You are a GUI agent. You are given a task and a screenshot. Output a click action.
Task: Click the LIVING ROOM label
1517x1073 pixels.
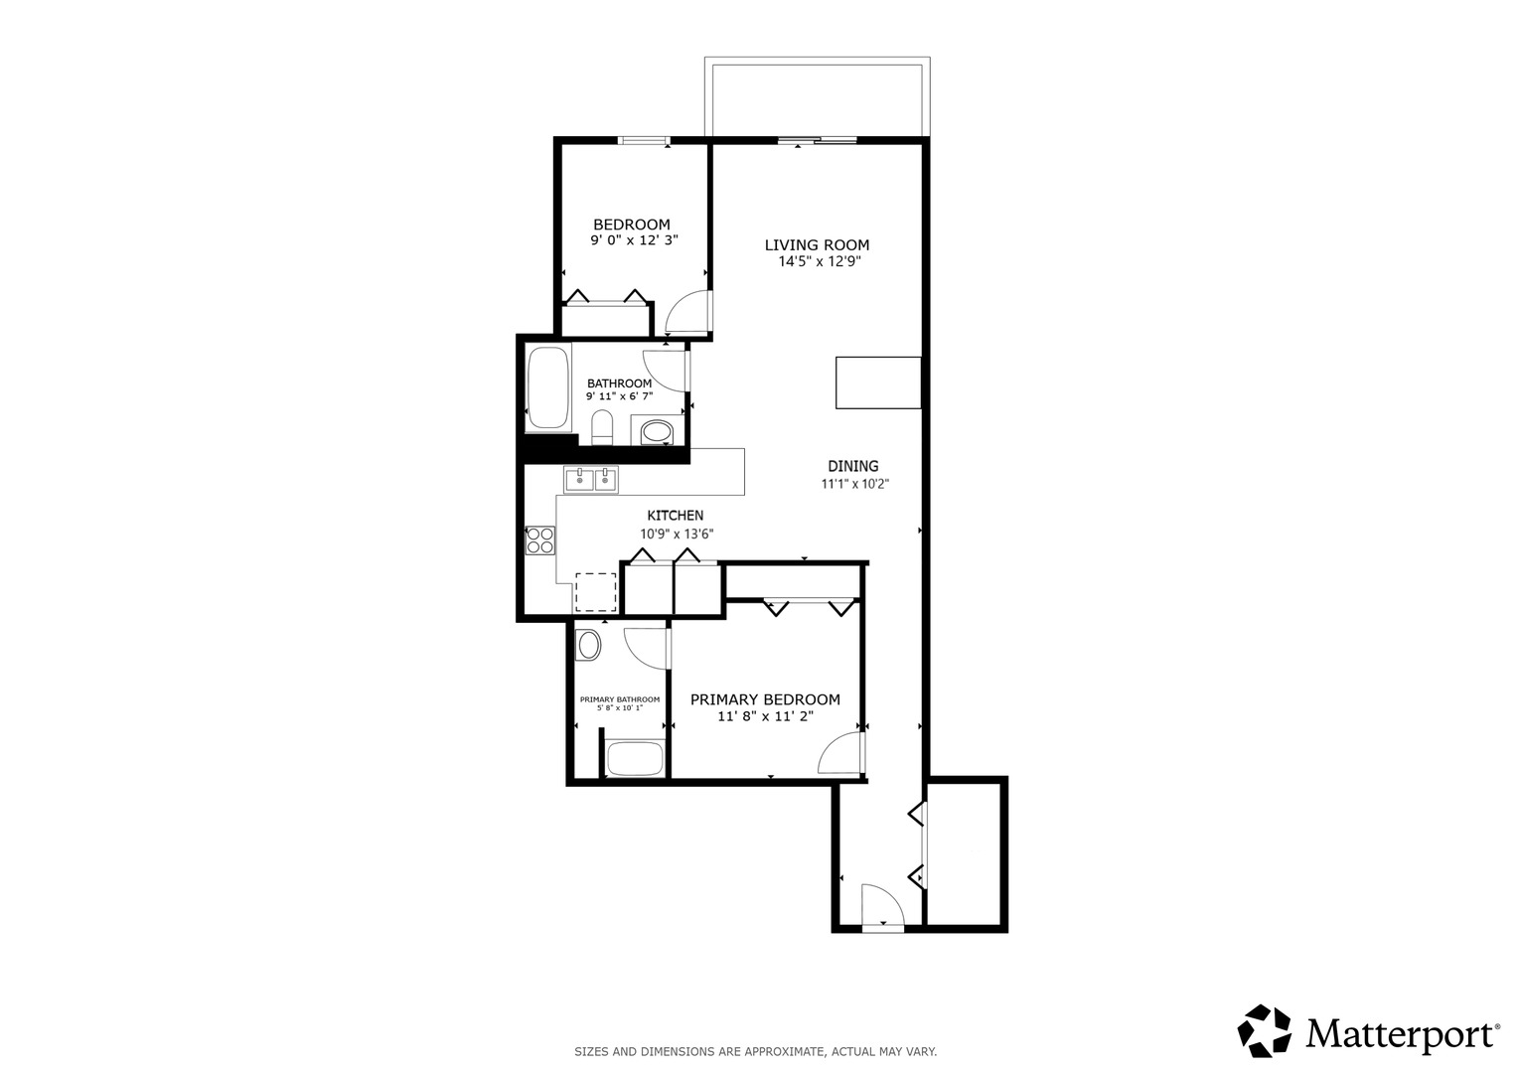point(817,244)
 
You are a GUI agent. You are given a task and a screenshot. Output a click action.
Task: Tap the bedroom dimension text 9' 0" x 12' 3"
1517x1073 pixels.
point(634,239)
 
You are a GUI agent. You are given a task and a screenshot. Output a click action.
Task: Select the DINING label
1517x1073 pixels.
point(853,466)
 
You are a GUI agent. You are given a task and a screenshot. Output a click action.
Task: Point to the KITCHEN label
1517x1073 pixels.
point(676,516)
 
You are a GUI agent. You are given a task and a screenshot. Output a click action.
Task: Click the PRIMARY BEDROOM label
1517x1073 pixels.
point(765,699)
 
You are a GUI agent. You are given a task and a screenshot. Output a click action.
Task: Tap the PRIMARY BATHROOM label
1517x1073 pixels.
point(620,699)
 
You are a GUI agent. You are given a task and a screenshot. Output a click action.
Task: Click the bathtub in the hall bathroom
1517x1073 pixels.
point(547,387)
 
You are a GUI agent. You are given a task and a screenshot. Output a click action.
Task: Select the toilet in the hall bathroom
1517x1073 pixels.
point(601,428)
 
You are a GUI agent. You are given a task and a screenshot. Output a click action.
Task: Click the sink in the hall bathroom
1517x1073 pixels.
point(657,431)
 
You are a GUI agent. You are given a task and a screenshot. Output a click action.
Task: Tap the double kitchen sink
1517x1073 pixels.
point(590,479)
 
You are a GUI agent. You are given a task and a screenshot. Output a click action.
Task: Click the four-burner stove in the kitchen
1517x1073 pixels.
point(540,540)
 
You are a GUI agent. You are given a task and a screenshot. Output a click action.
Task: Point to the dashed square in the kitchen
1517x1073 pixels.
point(596,593)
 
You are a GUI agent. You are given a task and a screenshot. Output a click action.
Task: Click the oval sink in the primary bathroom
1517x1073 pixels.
point(588,646)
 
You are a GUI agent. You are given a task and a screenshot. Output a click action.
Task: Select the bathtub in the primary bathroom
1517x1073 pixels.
point(635,759)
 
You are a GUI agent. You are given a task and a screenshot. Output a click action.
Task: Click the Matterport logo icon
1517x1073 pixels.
point(1264,1030)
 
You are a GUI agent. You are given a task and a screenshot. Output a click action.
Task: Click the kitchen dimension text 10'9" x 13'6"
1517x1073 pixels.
point(677,534)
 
